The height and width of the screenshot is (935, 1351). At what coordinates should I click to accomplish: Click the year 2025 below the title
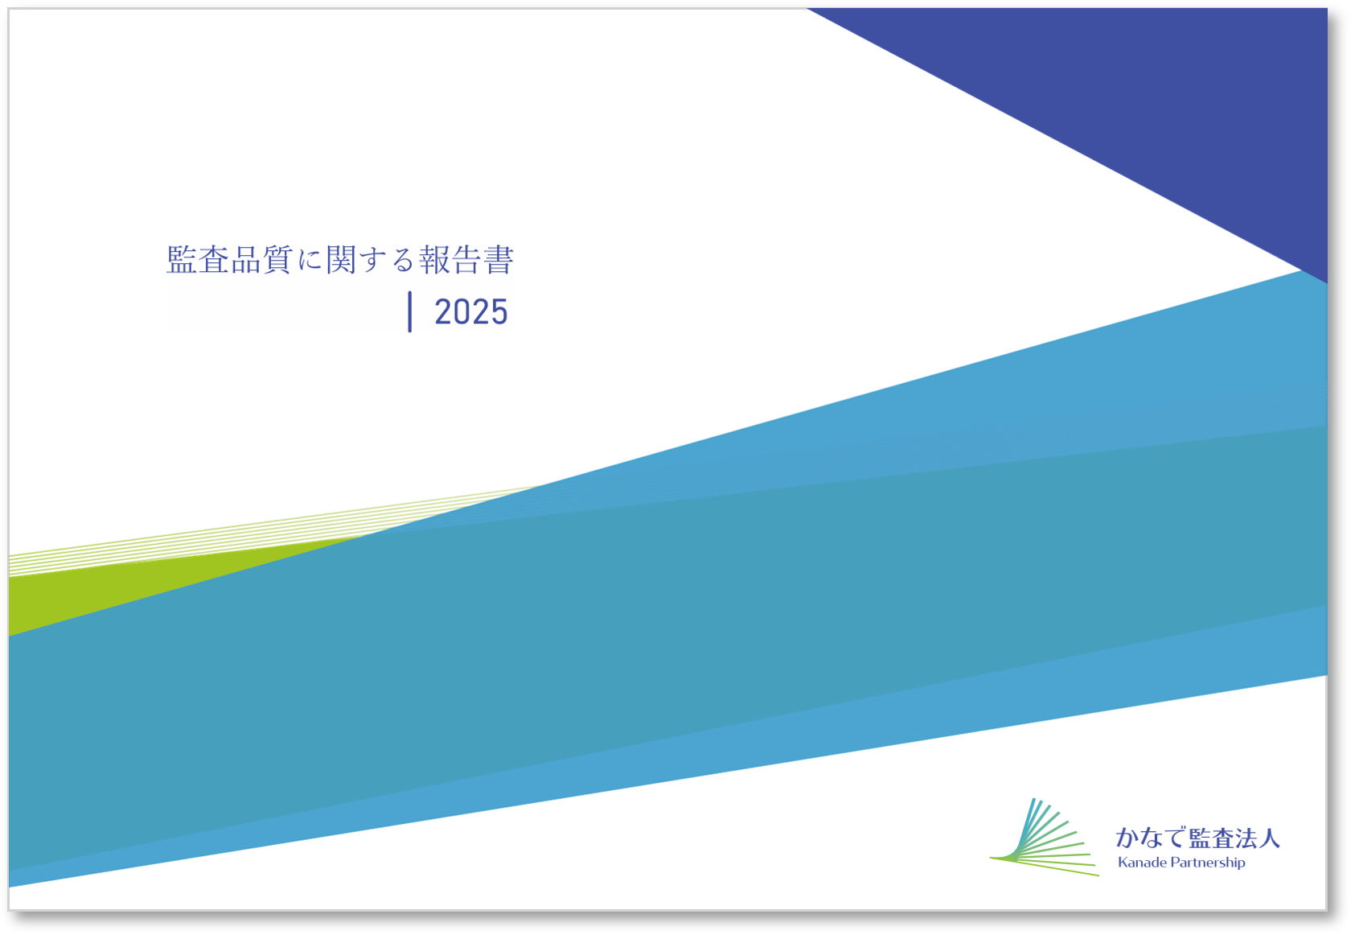(471, 312)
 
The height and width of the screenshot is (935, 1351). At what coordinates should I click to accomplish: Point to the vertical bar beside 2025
(410, 311)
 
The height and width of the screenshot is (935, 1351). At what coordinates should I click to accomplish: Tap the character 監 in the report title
(182, 260)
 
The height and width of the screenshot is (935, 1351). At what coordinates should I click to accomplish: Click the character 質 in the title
(277, 260)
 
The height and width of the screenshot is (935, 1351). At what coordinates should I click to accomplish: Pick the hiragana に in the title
(310, 261)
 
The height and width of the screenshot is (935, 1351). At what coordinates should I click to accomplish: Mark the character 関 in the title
(341, 260)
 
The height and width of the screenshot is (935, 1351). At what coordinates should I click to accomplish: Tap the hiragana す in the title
(372, 261)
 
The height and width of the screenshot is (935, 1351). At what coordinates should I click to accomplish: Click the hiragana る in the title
(404, 261)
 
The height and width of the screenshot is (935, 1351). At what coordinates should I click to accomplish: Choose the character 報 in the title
(435, 260)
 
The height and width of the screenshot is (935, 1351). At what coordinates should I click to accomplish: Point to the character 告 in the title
(466, 260)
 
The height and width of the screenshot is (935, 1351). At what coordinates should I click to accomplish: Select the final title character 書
(499, 260)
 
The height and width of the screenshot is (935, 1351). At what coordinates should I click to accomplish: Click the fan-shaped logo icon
(1044, 837)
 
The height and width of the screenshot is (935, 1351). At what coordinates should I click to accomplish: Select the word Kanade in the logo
(1142, 863)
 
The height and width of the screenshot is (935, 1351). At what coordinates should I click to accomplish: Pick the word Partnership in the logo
(1208, 863)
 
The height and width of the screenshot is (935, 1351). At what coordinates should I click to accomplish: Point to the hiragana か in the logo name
(1127, 838)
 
